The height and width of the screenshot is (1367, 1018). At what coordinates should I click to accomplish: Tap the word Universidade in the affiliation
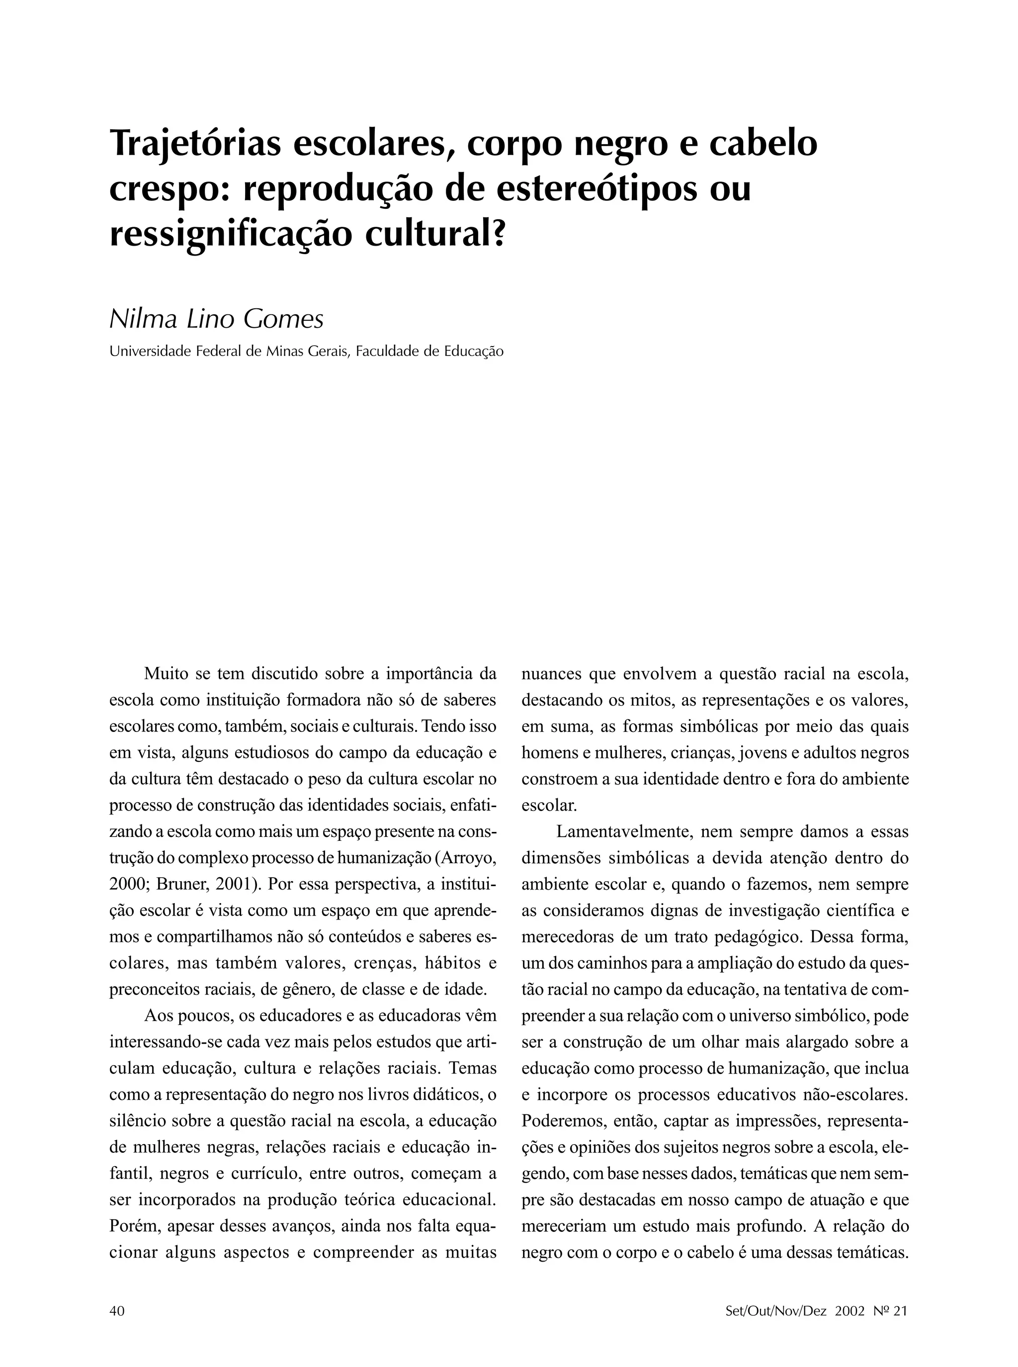[x=147, y=352]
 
